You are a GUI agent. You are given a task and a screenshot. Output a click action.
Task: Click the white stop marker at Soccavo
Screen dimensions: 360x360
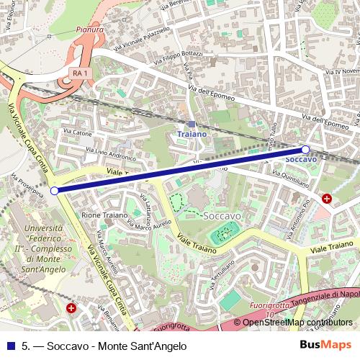pyautogui.click(x=305, y=150)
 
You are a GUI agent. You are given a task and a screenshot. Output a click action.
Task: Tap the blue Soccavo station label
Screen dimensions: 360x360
pyautogui.click(x=301, y=159)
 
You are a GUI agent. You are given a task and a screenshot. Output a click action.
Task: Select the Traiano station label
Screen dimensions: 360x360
pyautogui.click(x=192, y=134)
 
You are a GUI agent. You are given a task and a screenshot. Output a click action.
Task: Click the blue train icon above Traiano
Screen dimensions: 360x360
pyautogui.click(x=192, y=124)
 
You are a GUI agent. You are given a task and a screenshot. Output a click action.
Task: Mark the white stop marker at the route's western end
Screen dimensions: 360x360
pyautogui.click(x=55, y=191)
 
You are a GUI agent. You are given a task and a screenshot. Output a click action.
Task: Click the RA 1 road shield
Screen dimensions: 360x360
pyautogui.click(x=81, y=73)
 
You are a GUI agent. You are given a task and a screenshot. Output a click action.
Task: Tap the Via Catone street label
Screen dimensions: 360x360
pyautogui.click(x=78, y=132)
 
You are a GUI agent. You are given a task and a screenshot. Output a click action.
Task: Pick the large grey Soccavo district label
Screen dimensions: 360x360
pyautogui.click(x=222, y=215)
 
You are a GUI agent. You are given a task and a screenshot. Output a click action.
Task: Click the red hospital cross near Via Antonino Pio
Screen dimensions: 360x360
pyautogui.click(x=327, y=198)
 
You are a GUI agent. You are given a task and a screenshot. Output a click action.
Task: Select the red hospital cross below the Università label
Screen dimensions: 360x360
pyautogui.click(x=71, y=308)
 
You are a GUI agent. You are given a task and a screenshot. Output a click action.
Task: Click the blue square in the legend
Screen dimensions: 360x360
pyautogui.click(x=10, y=345)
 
